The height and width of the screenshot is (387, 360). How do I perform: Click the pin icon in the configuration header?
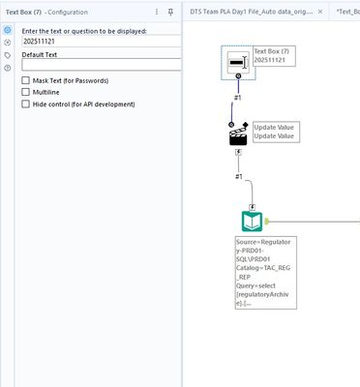click(171, 12)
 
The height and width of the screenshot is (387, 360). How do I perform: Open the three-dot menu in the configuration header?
click(157, 12)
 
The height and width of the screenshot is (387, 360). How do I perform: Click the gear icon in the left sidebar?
click(8, 32)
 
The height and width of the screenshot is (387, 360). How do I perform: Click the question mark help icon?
click(8, 68)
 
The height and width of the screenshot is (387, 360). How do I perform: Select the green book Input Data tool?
click(251, 221)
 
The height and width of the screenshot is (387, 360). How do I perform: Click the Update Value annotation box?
click(276, 133)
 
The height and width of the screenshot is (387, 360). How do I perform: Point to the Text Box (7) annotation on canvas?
click(273, 55)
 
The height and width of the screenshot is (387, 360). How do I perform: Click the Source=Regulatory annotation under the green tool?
click(264, 271)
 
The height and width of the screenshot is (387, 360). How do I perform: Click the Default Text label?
click(39, 55)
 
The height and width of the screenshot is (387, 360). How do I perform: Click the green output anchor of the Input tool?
click(268, 221)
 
